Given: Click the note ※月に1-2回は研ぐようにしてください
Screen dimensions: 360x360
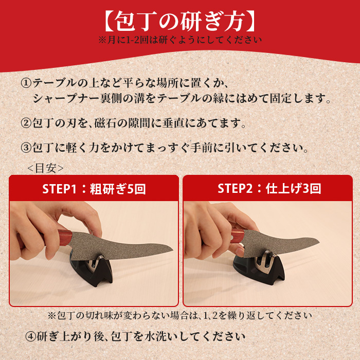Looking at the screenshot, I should coord(179,39).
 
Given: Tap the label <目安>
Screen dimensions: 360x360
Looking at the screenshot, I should coord(45,168).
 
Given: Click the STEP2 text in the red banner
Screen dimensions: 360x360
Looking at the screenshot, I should coord(238,189).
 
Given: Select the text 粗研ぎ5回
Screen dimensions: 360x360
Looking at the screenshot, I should coord(117,189).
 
